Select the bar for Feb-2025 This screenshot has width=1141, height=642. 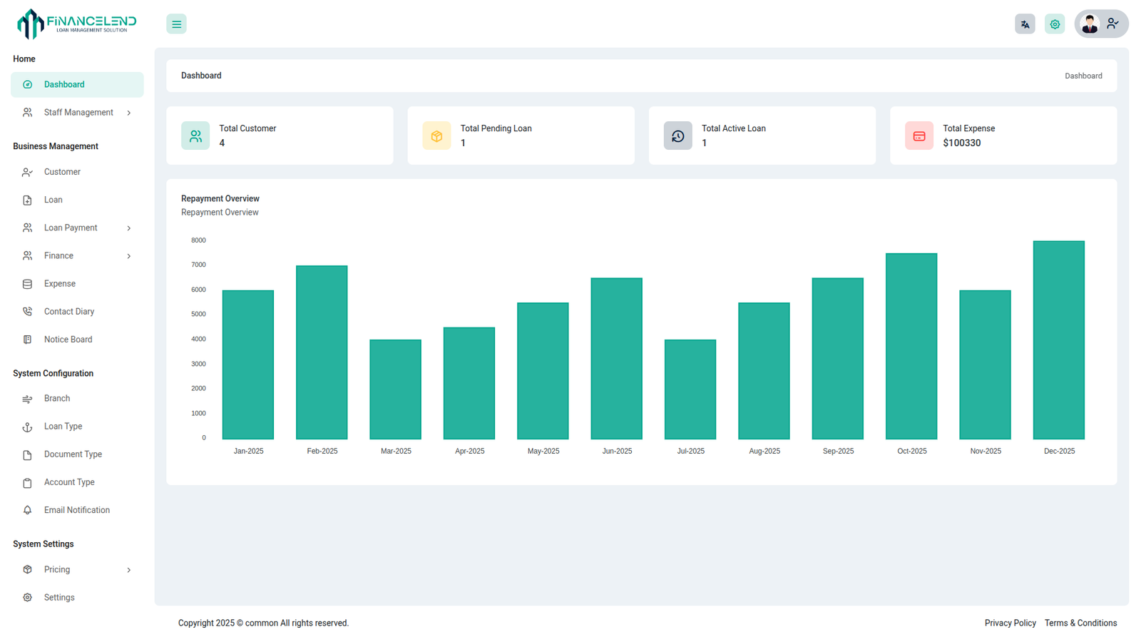pyautogui.click(x=322, y=352)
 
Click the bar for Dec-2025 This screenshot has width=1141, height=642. pyautogui.click(x=1058, y=340)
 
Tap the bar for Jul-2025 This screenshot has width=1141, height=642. pyautogui.click(x=690, y=389)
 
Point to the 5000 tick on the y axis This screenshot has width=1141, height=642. pyautogui.click(x=198, y=315)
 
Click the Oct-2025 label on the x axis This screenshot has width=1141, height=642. pyautogui.click(x=911, y=452)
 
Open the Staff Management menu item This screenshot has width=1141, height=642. pyautogui.click(x=78, y=113)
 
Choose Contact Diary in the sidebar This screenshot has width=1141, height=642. pyautogui.click(x=69, y=312)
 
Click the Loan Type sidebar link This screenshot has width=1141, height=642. pyautogui.click(x=63, y=427)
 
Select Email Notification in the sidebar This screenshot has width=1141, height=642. pyautogui.click(x=77, y=511)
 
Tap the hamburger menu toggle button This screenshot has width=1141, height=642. pyautogui.click(x=176, y=24)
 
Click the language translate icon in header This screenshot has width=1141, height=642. pyautogui.click(x=1025, y=24)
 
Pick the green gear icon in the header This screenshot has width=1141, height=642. pyautogui.click(x=1055, y=24)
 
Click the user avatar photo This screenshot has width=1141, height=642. pyautogui.click(x=1089, y=24)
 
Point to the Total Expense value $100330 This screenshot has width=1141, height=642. pyautogui.click(x=961, y=143)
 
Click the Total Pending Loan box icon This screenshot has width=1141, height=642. pyautogui.click(x=436, y=136)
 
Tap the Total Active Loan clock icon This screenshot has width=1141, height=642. pyautogui.click(x=677, y=136)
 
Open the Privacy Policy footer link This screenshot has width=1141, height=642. pyautogui.click(x=1010, y=623)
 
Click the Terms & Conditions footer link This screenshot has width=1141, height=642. pyautogui.click(x=1080, y=623)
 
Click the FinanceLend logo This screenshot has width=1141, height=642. pyautogui.click(x=76, y=24)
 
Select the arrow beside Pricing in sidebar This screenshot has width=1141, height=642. pyautogui.click(x=129, y=570)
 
